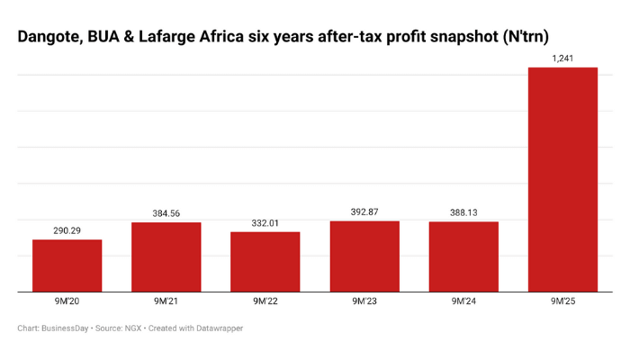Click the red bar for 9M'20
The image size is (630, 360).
click(67, 265)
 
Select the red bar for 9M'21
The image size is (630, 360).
click(166, 256)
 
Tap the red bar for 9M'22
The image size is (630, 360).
click(265, 262)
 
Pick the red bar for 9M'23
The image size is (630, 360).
click(364, 256)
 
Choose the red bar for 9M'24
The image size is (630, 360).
click(463, 256)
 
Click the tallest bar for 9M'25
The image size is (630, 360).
click(562, 180)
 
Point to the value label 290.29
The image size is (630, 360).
click(67, 231)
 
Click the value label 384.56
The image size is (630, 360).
click(166, 213)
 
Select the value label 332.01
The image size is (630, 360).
click(265, 223)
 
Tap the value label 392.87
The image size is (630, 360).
click(364, 212)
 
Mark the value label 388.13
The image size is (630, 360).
click(463, 213)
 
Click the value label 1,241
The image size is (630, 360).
click(562, 58)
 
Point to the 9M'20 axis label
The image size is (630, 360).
click(67, 301)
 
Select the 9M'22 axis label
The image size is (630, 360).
click(265, 301)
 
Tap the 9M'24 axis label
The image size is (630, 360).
click(463, 301)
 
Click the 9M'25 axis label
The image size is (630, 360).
click(562, 301)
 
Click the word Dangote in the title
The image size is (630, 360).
click(50, 36)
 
